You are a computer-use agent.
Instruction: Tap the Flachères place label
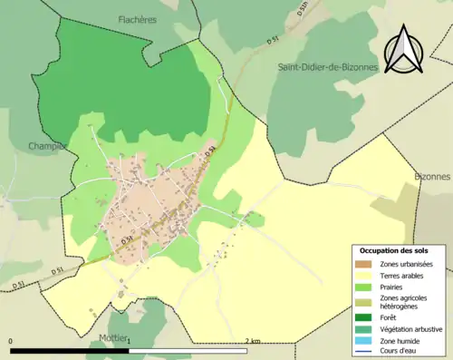tap(137, 18)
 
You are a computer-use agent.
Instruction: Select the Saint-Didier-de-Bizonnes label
tap(327, 66)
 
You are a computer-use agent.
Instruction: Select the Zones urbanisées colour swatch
tap(364, 264)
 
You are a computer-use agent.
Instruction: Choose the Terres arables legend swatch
tap(364, 276)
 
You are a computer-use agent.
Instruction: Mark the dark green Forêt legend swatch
tap(364, 318)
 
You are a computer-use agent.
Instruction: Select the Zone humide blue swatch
tap(364, 340)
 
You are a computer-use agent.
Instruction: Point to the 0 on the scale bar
tap(11, 341)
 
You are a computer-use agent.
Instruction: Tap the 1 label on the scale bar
tap(129, 341)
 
